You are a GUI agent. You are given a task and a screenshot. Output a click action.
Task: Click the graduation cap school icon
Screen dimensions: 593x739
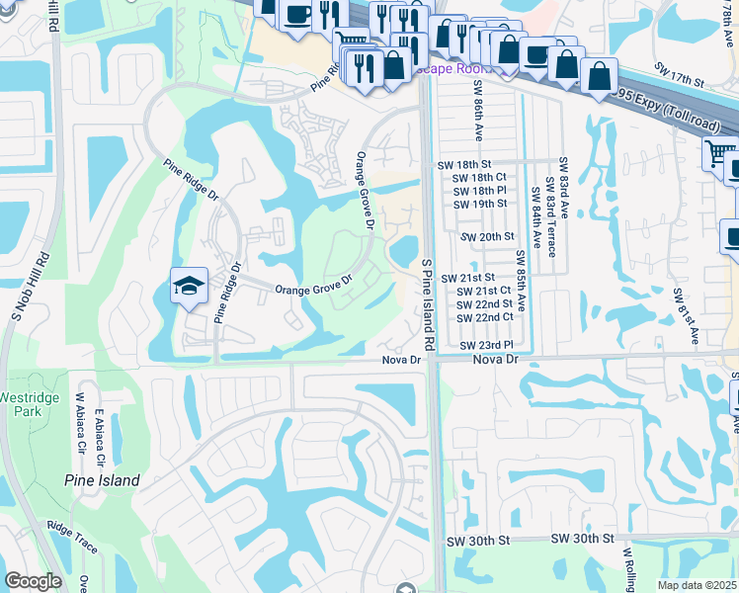[x=189, y=286]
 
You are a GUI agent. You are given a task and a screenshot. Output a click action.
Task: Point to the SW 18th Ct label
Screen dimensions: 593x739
[x=479, y=177]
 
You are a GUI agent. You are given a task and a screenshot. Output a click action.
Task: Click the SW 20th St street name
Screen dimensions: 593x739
[x=488, y=237]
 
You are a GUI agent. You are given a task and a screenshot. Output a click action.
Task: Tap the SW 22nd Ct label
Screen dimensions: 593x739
[x=485, y=317]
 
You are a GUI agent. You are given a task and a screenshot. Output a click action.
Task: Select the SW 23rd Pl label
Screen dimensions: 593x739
[x=486, y=344]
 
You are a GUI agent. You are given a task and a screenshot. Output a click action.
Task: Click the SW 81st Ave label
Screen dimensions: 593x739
[x=679, y=316]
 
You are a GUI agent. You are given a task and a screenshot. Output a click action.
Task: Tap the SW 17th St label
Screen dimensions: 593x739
[x=677, y=75]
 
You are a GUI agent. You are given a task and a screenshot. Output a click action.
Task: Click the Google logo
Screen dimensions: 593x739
[x=33, y=582]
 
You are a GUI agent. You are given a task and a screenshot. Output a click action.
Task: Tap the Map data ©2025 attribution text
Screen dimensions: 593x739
[x=698, y=585]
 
